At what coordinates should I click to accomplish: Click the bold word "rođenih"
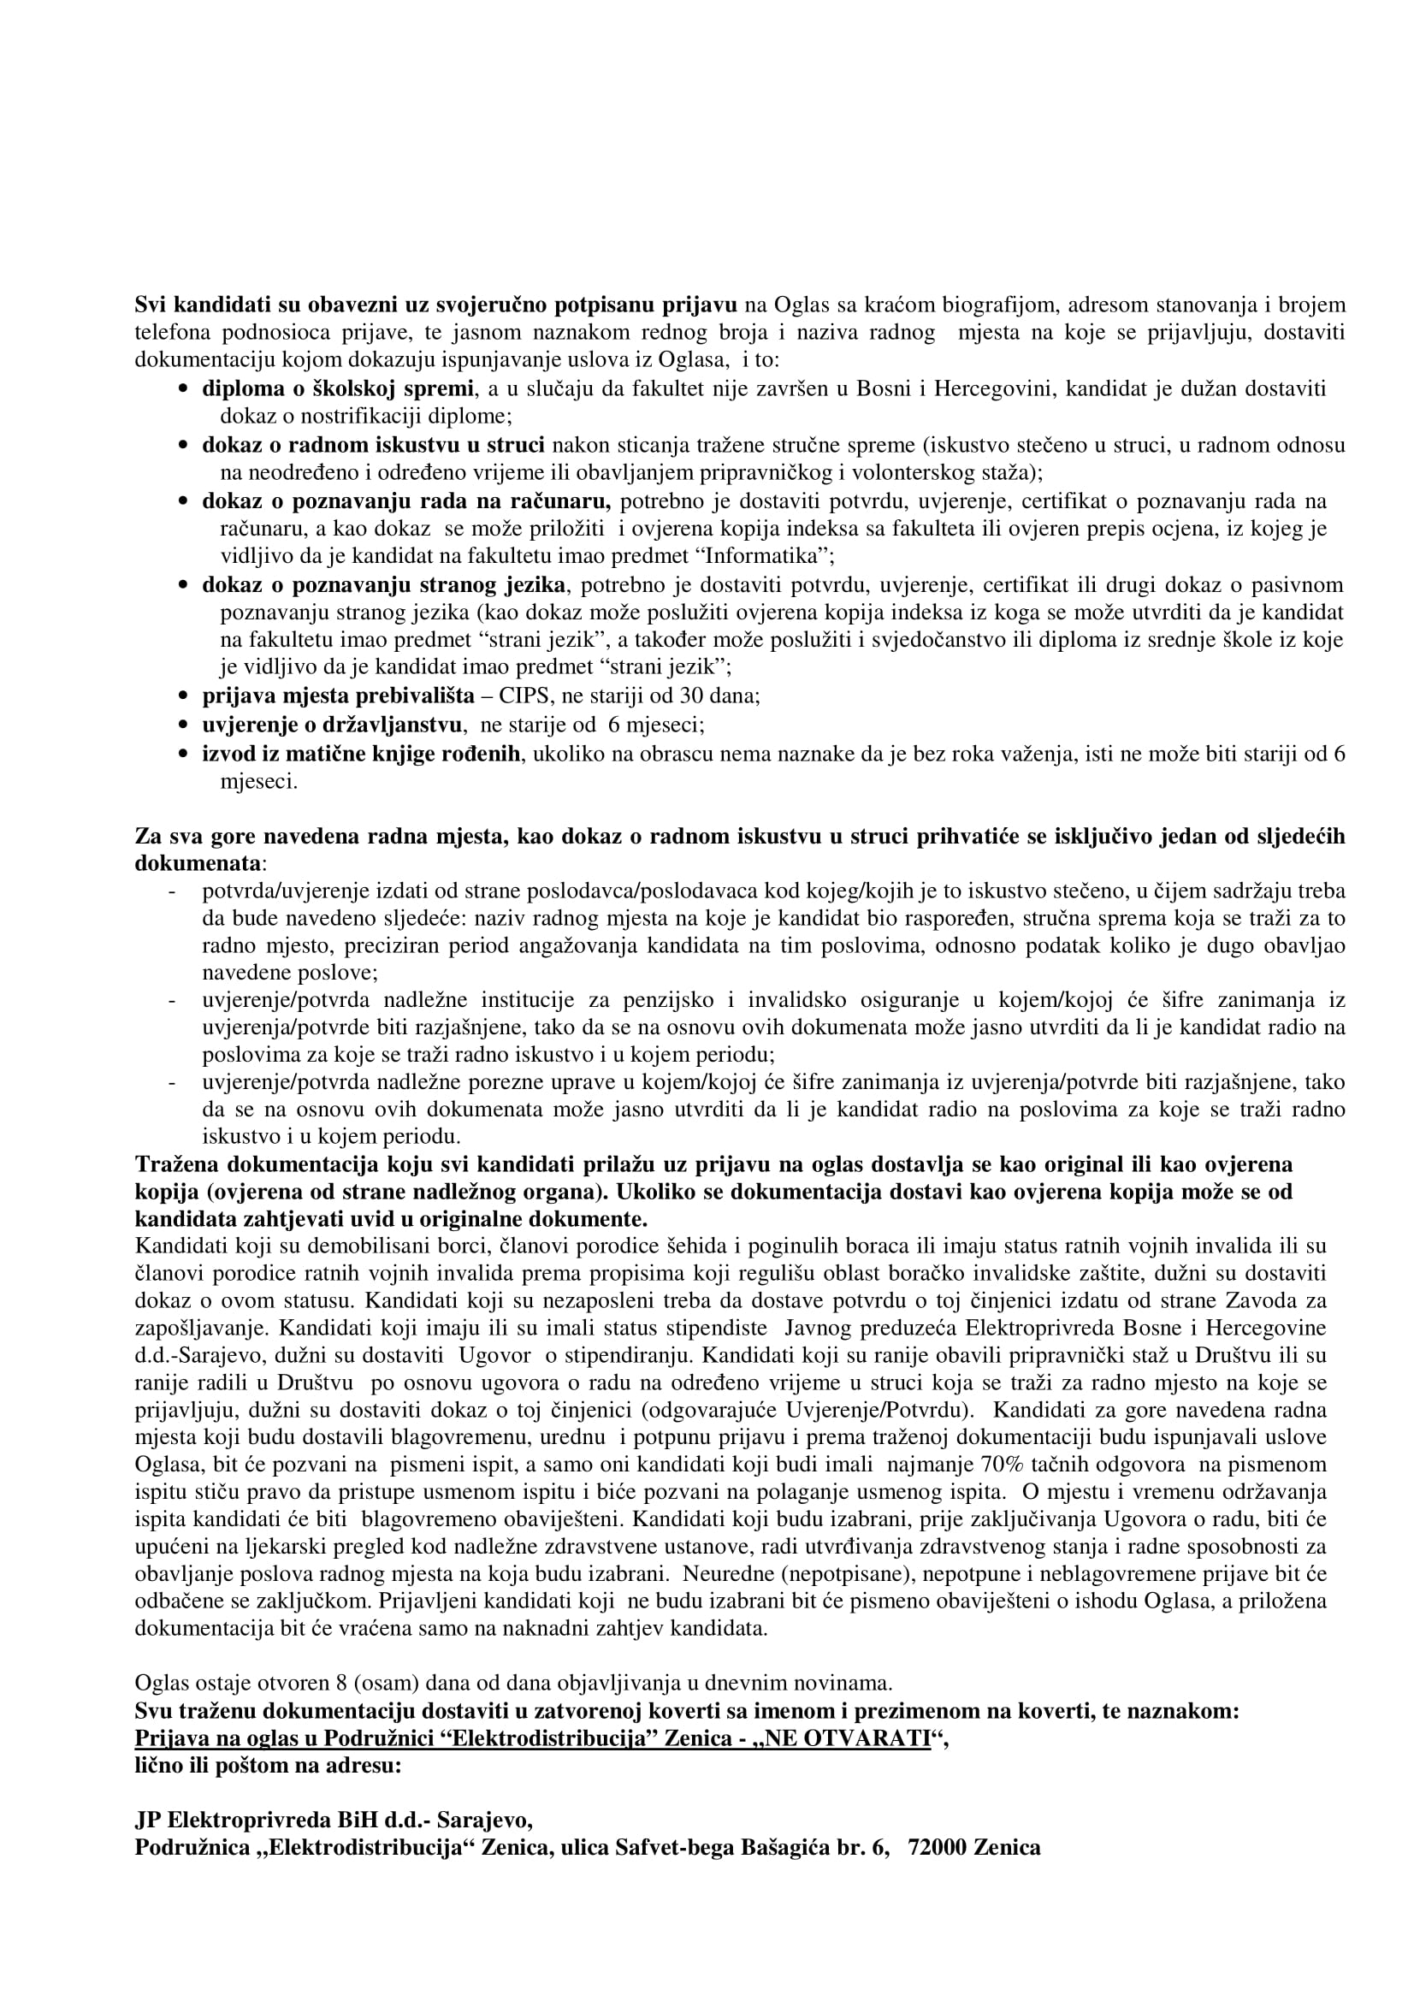pyautogui.click(x=484, y=754)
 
